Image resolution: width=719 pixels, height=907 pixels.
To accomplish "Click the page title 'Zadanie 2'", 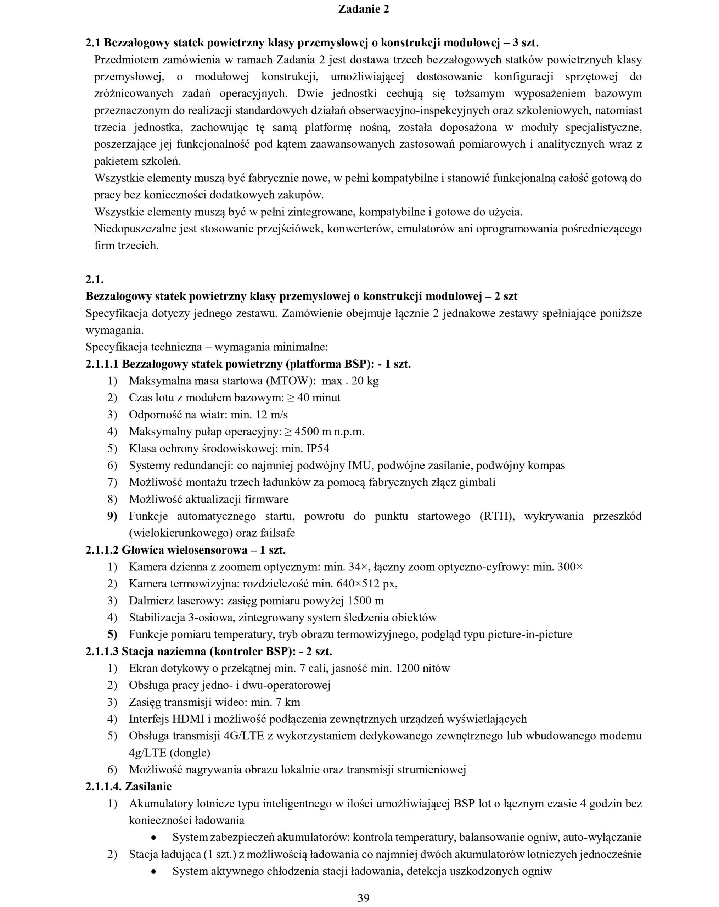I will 364,9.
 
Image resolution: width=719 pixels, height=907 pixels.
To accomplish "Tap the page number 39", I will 364,898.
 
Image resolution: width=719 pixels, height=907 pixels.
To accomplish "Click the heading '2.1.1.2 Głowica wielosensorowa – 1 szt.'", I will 186,550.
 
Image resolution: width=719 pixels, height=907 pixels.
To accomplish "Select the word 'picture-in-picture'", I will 530,635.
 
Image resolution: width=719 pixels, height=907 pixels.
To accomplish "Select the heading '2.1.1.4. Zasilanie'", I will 128,786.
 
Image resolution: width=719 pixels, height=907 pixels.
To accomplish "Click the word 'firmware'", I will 268,499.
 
